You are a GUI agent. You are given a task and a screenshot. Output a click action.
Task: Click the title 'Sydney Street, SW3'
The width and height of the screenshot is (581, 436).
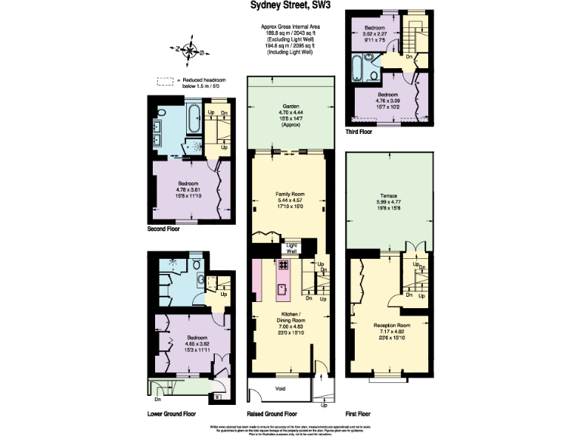pos(290,5)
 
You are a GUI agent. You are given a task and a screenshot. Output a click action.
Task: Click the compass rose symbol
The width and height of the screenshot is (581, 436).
pos(190,52)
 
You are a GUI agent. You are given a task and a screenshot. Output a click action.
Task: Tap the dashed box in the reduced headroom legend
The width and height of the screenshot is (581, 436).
pos(164,82)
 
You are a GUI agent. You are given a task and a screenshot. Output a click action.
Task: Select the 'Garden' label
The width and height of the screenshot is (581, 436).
pos(290,106)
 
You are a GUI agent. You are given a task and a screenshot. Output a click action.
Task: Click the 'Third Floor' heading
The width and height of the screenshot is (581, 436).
pos(359,132)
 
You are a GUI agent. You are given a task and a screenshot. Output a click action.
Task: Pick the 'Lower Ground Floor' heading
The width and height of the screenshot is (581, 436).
pos(172,414)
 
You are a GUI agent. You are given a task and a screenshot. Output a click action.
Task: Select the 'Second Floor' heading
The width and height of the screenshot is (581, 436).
pos(163,227)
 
